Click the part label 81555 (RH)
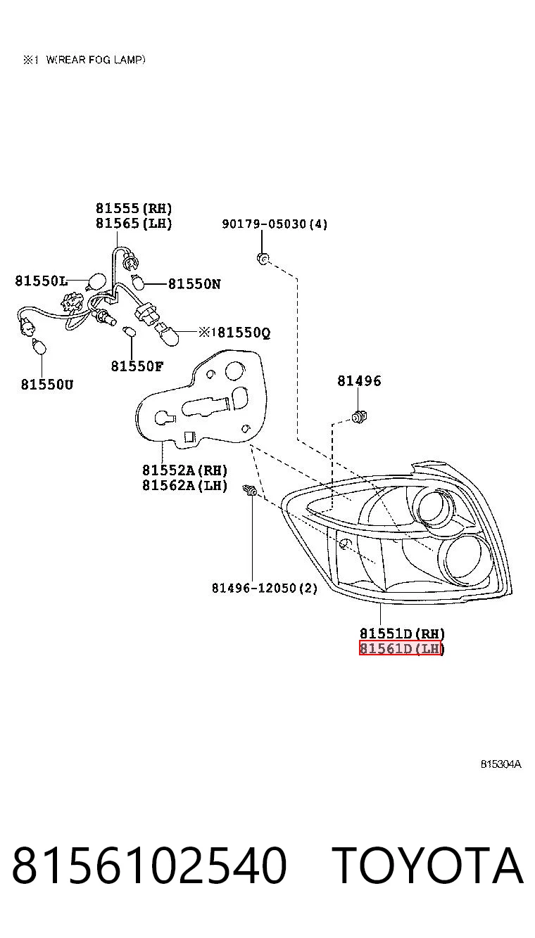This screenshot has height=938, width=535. (x=134, y=208)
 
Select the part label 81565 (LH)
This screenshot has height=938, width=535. (x=134, y=223)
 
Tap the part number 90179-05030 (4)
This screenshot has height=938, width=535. (x=275, y=224)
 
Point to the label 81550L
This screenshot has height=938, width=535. (x=41, y=281)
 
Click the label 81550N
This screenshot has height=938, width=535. (x=194, y=284)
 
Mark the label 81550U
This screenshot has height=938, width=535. (x=47, y=384)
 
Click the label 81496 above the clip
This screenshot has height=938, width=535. (x=359, y=380)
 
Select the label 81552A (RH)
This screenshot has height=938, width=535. (x=185, y=470)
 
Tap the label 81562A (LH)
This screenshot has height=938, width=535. (x=185, y=485)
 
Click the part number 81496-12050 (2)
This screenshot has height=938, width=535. (x=265, y=589)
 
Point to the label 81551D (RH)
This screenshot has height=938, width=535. (x=403, y=633)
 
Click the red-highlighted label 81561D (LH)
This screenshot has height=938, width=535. (x=401, y=648)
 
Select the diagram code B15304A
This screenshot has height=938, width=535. (x=501, y=764)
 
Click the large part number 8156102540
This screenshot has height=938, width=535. (x=149, y=866)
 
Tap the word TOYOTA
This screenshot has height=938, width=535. (x=428, y=866)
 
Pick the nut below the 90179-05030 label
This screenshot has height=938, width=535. (x=263, y=259)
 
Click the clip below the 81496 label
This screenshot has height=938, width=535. (x=358, y=417)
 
